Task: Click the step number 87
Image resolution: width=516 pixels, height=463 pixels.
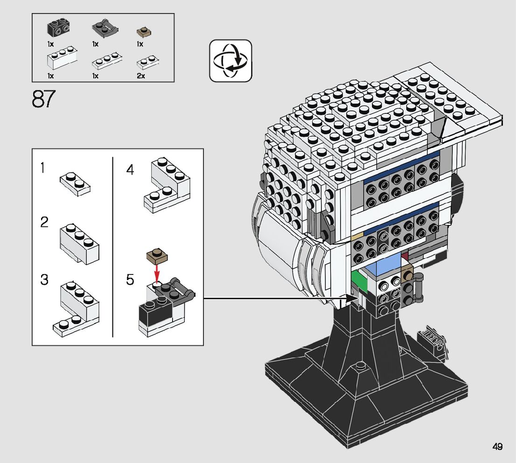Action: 44,98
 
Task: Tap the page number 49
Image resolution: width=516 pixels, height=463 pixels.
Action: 497,447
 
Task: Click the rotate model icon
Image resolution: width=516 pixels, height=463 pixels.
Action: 230,61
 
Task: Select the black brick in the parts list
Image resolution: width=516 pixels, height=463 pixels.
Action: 58,28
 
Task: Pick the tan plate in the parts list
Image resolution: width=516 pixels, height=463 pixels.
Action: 144,32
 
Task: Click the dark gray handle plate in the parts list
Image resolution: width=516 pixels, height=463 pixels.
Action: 105,28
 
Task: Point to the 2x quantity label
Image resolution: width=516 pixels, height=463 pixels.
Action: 141,76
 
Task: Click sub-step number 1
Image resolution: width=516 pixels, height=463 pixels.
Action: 42,168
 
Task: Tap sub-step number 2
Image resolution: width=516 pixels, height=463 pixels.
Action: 44,222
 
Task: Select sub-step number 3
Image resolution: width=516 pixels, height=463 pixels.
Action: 44,280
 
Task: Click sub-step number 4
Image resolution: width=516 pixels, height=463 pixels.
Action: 130,169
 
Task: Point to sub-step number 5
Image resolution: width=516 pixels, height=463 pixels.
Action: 130,280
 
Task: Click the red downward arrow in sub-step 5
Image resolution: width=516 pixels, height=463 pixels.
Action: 157,272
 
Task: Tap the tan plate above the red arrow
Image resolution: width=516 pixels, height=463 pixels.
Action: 157,256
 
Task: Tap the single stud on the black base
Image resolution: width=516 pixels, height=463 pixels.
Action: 361,365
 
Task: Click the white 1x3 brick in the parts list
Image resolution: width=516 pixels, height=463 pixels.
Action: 62,58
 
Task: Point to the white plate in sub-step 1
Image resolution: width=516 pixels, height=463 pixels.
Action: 75,184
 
